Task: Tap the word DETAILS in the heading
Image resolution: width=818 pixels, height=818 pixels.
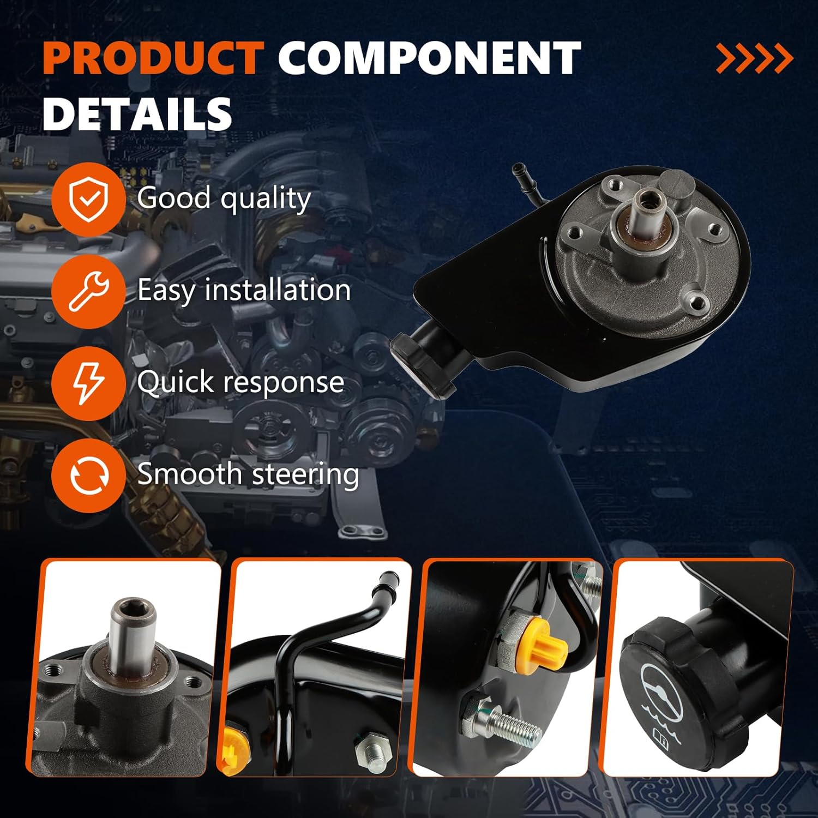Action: (x=137, y=113)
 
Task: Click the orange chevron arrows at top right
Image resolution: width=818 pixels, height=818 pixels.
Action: (x=754, y=58)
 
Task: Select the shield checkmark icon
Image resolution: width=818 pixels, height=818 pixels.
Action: (x=88, y=199)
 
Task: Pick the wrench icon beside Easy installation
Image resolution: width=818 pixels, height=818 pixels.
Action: (x=88, y=291)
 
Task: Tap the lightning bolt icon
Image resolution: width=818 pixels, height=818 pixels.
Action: (x=88, y=383)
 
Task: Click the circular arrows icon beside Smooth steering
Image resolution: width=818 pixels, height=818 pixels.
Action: (x=88, y=475)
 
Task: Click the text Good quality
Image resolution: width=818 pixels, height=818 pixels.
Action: (x=224, y=198)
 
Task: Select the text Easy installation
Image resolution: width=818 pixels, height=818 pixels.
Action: (x=244, y=290)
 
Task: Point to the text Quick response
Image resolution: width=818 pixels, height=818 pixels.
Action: (x=240, y=382)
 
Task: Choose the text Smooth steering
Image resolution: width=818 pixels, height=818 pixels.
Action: (x=248, y=473)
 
